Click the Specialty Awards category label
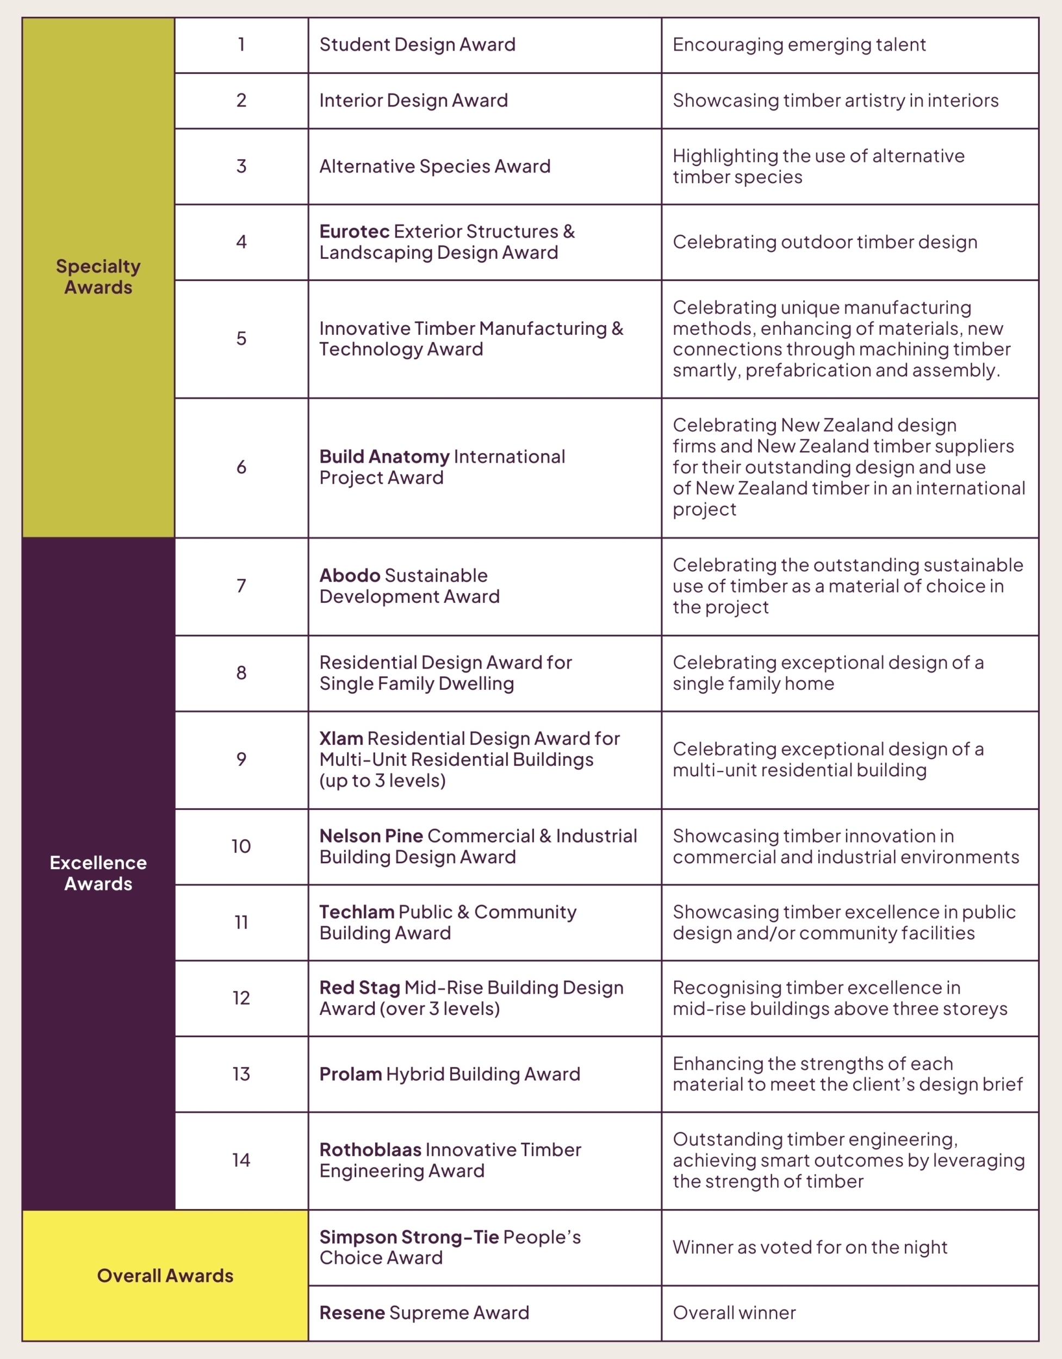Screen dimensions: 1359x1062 click(x=98, y=276)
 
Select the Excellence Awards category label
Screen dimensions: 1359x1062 click(x=98, y=873)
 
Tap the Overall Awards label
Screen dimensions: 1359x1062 click(x=165, y=1276)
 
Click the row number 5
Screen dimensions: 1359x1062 click(x=241, y=339)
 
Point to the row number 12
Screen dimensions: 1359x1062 click(x=241, y=998)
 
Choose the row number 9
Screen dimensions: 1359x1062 click(x=241, y=759)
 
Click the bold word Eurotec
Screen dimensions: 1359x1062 click(x=354, y=232)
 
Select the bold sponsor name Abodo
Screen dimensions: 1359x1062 click(x=350, y=576)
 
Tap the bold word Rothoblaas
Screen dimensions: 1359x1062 click(x=370, y=1150)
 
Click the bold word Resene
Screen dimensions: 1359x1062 click(x=352, y=1313)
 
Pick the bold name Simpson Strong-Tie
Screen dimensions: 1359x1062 click(x=409, y=1237)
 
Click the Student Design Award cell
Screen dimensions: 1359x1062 click(x=417, y=45)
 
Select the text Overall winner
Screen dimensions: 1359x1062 click(x=734, y=1313)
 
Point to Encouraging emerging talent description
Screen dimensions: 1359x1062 click(x=799, y=45)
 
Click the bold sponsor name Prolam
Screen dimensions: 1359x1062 click(x=351, y=1074)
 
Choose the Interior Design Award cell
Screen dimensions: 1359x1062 click(x=413, y=101)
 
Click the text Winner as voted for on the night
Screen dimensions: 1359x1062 click(x=810, y=1248)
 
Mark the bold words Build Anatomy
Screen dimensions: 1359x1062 click(x=384, y=457)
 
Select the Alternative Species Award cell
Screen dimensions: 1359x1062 click(x=434, y=167)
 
